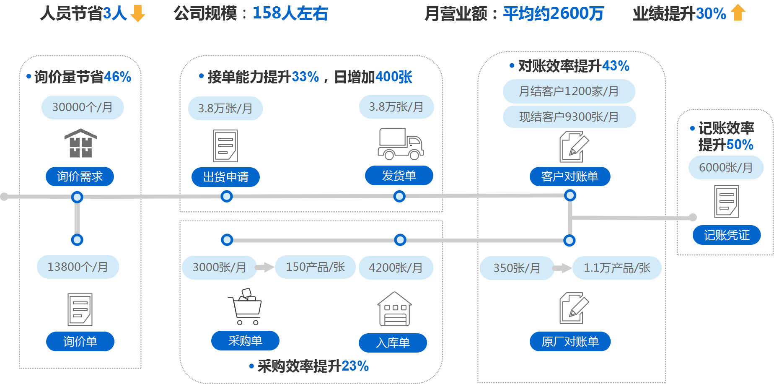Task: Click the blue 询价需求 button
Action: tap(80, 176)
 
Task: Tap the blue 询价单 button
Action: tap(80, 341)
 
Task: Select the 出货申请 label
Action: tap(225, 177)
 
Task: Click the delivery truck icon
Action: tap(400, 144)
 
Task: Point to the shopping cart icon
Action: tap(245, 306)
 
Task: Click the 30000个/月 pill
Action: tap(83, 107)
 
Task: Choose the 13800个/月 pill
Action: tap(78, 267)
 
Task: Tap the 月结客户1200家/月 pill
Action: tap(569, 91)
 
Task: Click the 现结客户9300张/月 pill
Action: tap(569, 117)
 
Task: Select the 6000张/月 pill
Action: tap(726, 168)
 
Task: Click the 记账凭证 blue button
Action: tap(726, 235)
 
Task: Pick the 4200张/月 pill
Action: tap(396, 267)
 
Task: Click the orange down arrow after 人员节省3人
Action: tap(137, 13)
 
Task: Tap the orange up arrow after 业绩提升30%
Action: tap(738, 12)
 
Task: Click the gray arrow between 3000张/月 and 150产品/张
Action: tap(265, 267)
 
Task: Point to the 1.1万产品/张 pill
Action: tap(617, 268)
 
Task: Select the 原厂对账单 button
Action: tap(570, 342)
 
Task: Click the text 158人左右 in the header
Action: tap(290, 13)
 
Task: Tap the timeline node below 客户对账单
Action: tap(570, 195)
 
